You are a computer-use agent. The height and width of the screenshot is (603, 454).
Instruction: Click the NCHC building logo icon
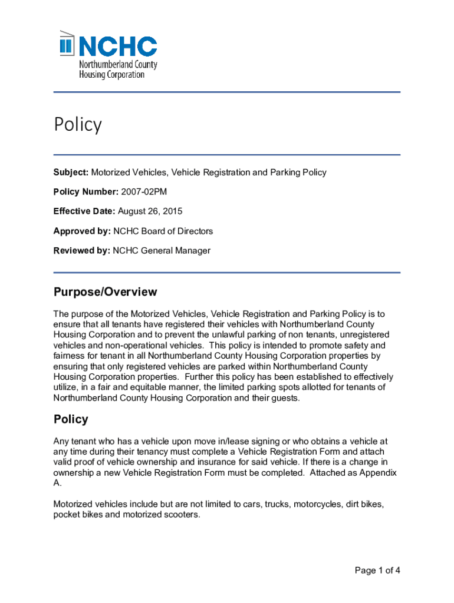67,44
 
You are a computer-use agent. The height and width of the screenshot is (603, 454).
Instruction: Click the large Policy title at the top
78,125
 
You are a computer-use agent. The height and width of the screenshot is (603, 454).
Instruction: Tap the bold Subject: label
71,173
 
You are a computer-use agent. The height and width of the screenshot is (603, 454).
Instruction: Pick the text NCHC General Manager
161,250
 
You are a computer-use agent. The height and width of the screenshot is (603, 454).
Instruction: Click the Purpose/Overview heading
105,292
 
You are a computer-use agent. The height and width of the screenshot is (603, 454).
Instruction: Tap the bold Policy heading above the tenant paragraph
71,419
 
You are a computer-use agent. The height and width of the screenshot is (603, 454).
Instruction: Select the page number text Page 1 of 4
377,570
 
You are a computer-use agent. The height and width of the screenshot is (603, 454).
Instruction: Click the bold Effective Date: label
84,211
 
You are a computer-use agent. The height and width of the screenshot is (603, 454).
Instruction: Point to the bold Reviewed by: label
81,250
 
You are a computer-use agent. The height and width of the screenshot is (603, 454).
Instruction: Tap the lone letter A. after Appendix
57,483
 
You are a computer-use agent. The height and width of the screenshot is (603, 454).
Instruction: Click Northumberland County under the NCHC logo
118,65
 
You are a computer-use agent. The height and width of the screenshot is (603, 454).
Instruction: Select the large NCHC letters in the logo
117,46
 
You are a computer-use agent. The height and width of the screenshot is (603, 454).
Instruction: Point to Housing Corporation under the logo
111,75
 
